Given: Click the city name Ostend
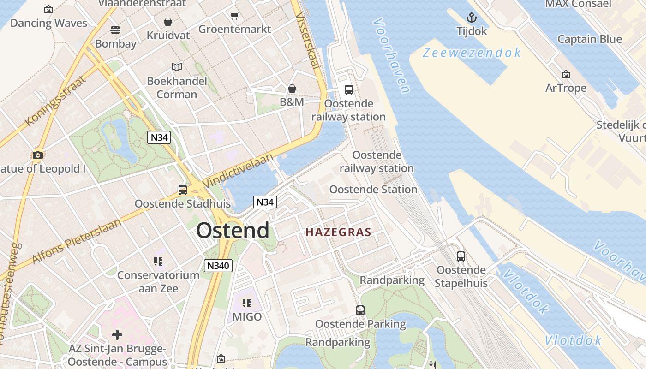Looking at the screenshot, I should coord(233,230).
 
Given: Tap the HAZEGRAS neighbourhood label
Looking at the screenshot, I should coord(338,232).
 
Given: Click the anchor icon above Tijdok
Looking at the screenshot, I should coord(471,18).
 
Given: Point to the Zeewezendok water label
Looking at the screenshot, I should coord(472,53).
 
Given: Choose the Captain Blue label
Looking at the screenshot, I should coord(590,39).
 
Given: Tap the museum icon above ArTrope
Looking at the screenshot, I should coord(566,74).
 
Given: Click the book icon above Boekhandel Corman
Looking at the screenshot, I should coord(177,67).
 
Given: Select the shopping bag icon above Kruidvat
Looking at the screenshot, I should coord(168,22).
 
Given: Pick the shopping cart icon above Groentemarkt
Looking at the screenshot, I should coord(234,16).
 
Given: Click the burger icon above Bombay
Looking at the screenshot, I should coord(115,30).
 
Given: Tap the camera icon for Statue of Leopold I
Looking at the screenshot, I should coord(38,155).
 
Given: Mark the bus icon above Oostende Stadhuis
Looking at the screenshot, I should coord(183,190).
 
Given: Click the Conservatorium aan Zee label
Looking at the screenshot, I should coord(158,281).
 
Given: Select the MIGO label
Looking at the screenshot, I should coord(247,317).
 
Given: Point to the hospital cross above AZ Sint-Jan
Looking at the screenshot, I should coord(117,334).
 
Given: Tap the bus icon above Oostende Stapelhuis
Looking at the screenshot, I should coord(461,256).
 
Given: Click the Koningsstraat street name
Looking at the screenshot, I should coord(56,101).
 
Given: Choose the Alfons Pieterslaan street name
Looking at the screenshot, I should coord(77,241).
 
